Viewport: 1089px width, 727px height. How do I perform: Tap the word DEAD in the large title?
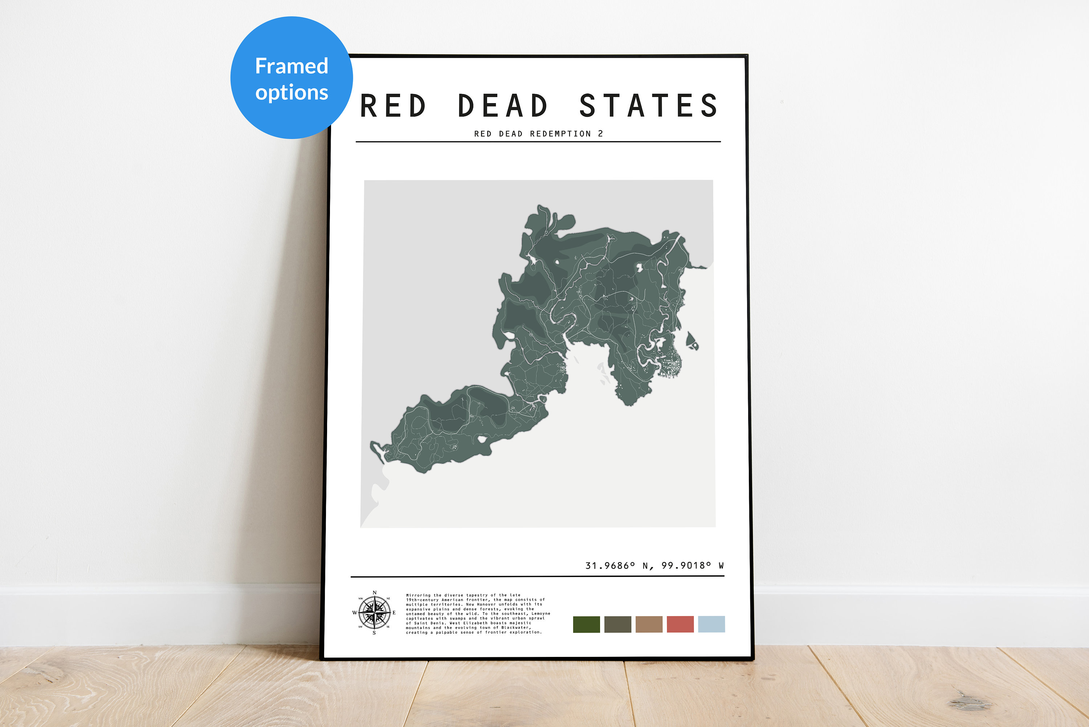tap(503, 106)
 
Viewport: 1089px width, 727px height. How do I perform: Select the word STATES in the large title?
tap(648, 106)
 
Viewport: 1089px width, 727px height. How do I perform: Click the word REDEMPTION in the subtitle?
tap(560, 134)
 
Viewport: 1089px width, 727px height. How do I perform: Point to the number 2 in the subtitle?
tap(600, 134)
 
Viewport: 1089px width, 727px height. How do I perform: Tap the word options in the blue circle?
tap(291, 93)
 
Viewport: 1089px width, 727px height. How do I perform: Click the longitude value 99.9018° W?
tap(692, 566)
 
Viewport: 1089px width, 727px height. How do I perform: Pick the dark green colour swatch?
tap(586, 624)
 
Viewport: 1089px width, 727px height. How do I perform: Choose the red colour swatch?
tap(680, 624)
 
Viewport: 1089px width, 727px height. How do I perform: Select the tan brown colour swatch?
tap(649, 624)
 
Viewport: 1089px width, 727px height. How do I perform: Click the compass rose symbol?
tap(374, 613)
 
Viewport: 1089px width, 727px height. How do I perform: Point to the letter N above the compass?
tap(374, 593)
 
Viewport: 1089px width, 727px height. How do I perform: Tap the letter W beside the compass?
tap(355, 613)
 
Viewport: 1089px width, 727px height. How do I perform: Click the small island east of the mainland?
tap(692, 341)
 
